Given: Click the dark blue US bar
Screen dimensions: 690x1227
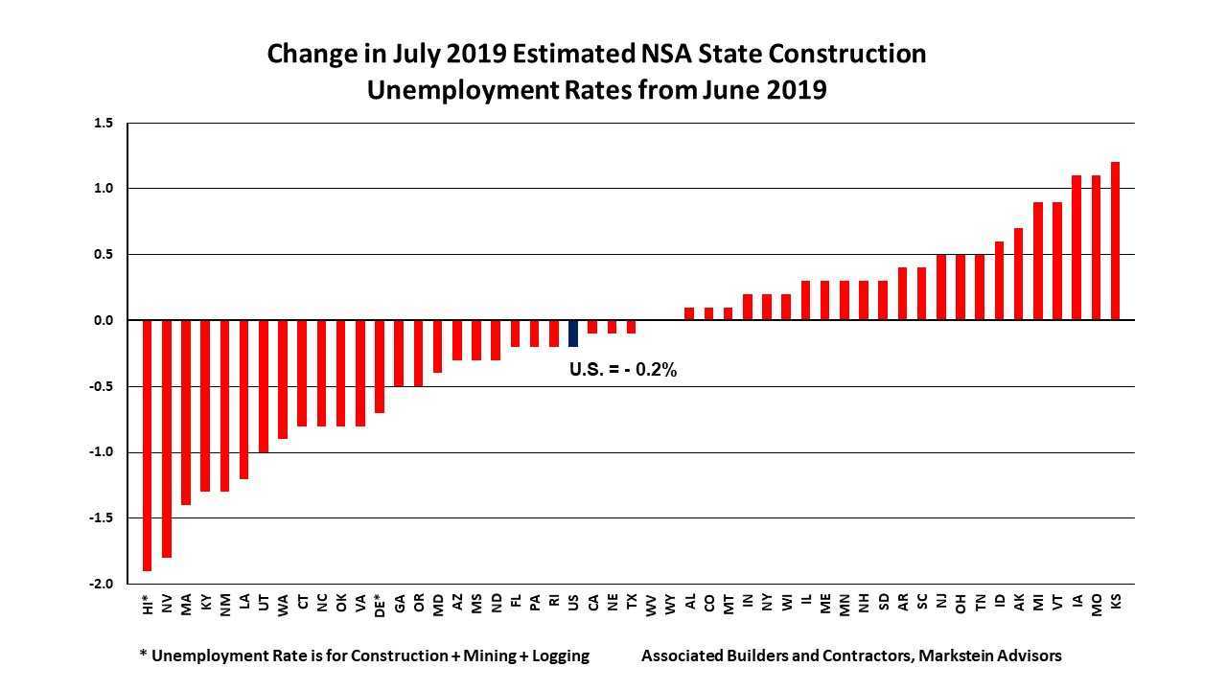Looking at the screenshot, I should (573, 333).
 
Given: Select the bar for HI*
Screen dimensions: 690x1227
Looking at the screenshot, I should (148, 445).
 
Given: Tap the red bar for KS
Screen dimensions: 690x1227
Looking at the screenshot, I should (1116, 241).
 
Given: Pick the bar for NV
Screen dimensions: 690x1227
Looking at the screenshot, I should (167, 438).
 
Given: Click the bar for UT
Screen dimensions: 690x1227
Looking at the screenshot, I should (264, 386).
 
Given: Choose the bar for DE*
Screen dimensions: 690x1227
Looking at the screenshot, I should (380, 366).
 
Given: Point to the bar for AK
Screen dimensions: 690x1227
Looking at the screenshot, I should (1019, 274).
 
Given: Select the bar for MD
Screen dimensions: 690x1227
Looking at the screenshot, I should (437, 346).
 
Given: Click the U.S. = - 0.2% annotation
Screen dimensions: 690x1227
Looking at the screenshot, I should (623, 370).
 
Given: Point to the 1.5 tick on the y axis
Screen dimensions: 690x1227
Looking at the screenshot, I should (104, 124).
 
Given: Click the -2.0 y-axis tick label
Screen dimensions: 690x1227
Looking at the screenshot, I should (102, 584).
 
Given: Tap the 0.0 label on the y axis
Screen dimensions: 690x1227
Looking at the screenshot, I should (104, 320).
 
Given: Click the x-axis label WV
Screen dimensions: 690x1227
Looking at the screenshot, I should (651, 604).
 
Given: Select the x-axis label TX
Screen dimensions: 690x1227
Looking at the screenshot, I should (632, 603).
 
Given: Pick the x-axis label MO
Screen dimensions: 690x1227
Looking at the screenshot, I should (1097, 604).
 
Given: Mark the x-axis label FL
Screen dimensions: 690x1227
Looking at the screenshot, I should (516, 603).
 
